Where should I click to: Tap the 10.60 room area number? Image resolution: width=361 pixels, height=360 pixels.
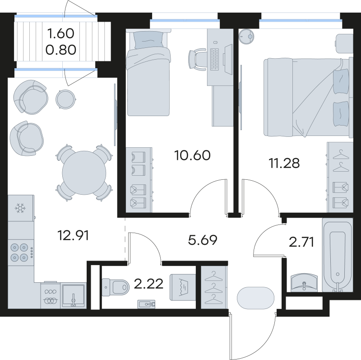(x=192, y=156)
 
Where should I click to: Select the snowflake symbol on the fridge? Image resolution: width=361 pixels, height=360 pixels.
(x=20, y=209)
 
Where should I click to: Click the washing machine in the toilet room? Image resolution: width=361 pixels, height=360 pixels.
(x=182, y=286)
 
